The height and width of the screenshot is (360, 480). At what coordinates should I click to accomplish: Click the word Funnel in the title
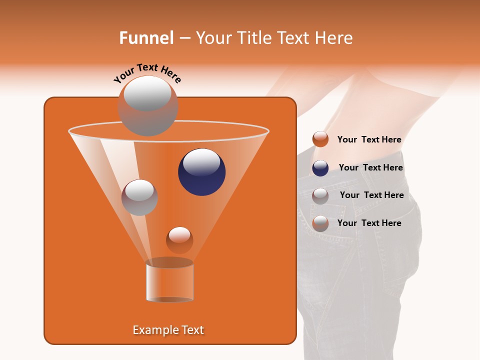click(x=146, y=38)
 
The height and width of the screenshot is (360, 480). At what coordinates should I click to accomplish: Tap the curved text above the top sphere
click(x=147, y=73)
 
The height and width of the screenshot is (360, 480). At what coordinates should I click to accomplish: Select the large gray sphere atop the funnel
click(x=147, y=105)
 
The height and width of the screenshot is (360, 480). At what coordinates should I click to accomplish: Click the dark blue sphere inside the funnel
click(x=201, y=172)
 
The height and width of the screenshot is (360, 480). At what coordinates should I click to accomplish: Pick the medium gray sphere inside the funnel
click(x=139, y=197)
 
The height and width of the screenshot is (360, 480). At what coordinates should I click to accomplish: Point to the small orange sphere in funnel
click(x=179, y=240)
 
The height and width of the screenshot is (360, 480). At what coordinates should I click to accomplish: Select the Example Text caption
click(x=168, y=330)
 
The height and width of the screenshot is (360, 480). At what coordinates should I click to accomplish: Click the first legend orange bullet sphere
click(x=320, y=139)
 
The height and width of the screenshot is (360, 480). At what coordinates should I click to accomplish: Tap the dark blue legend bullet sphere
click(x=320, y=168)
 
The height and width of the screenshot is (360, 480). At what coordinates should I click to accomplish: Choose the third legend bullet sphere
click(x=320, y=195)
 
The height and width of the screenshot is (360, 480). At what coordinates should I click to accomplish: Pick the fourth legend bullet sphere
click(x=320, y=223)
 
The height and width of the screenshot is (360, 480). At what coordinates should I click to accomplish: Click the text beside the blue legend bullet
click(x=370, y=168)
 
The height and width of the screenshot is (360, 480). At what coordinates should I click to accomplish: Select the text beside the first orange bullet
click(x=369, y=140)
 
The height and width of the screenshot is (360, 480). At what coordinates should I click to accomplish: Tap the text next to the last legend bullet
click(x=369, y=223)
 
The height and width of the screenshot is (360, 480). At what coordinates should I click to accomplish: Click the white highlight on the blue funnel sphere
click(x=201, y=162)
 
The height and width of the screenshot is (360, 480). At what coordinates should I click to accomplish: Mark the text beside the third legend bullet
click(x=371, y=195)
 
